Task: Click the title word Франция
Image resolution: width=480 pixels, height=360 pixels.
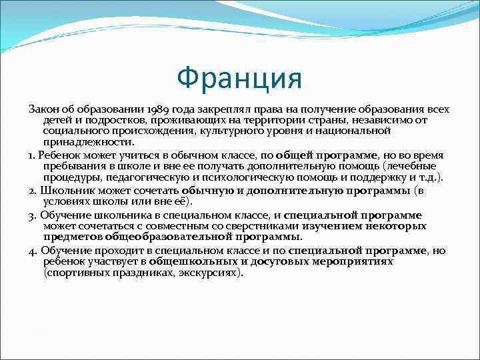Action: pos(239,79)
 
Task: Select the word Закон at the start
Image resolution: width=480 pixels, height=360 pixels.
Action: pos(42,109)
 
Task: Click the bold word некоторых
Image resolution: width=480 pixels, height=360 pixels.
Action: pos(392,226)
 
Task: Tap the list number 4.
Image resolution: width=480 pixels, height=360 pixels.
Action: pos(33,251)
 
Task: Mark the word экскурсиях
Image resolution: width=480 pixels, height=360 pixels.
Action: pos(208,273)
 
